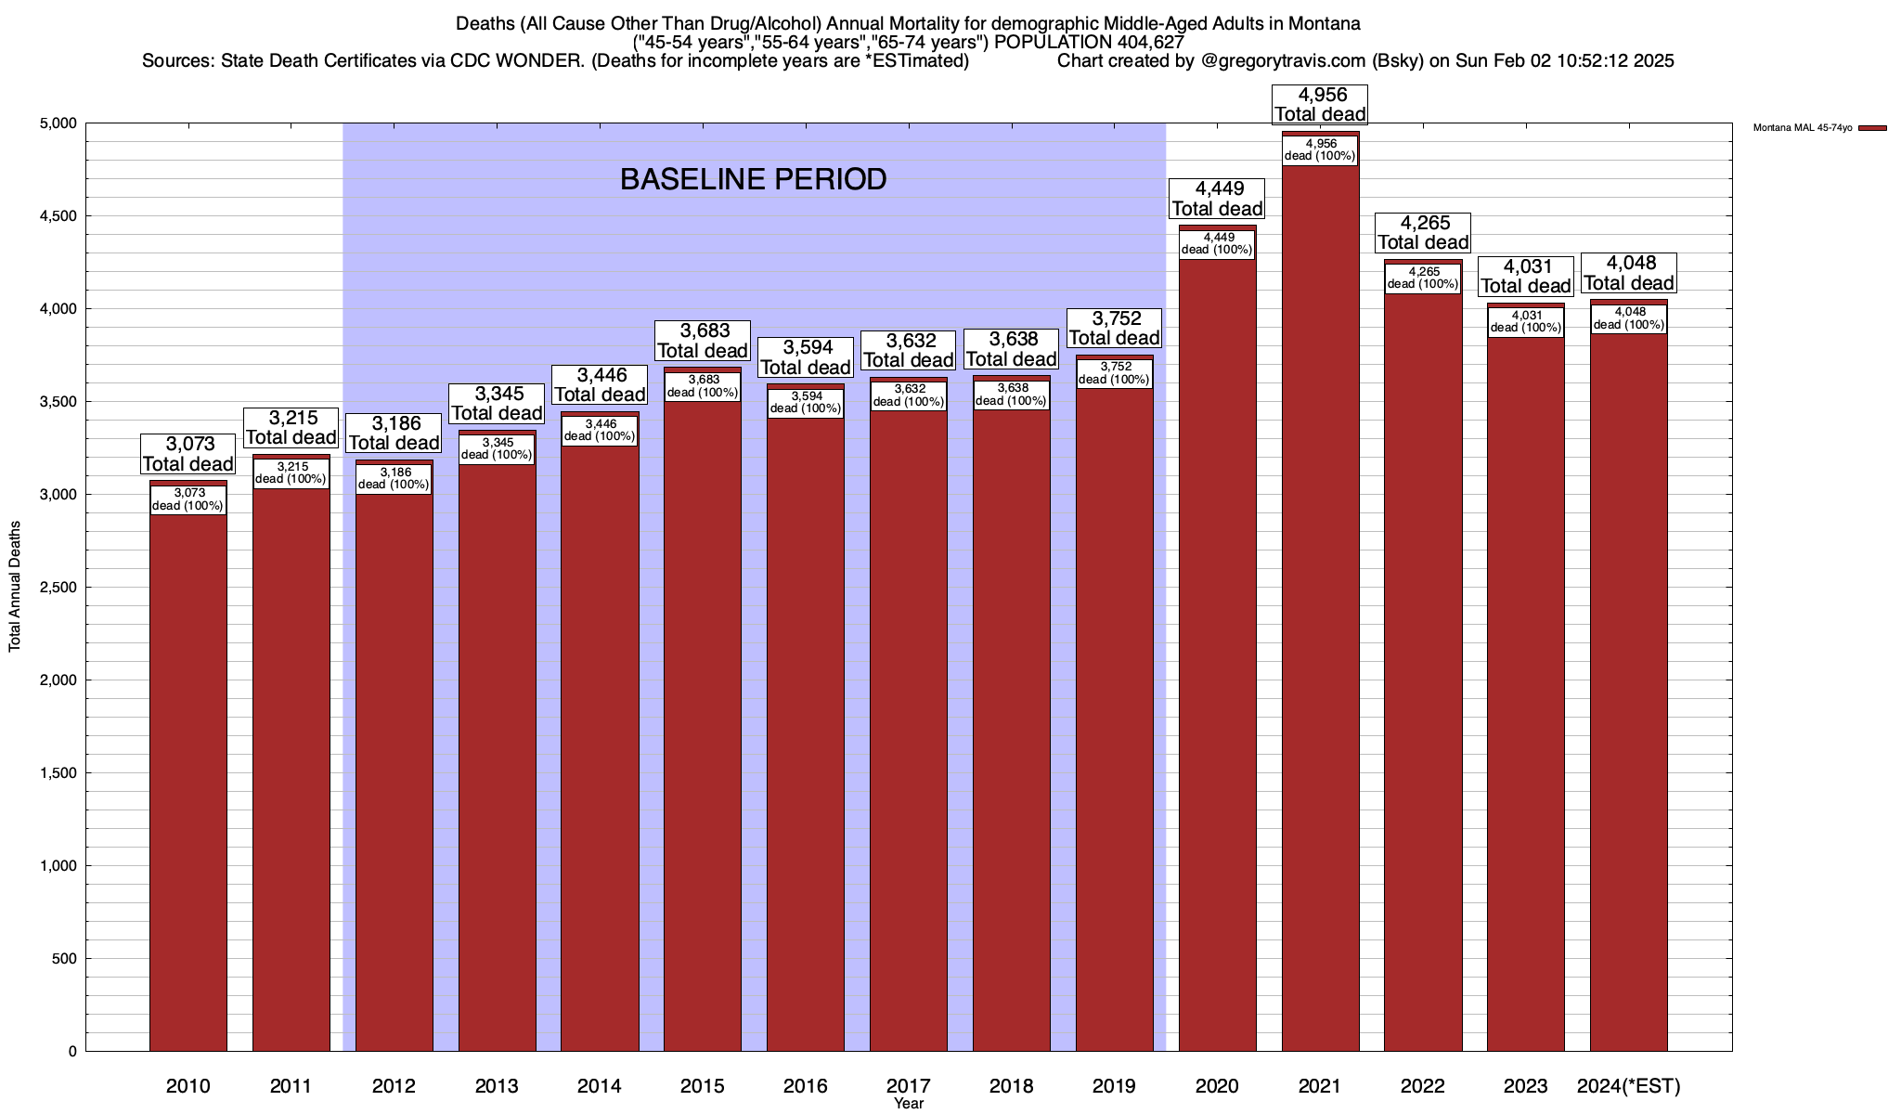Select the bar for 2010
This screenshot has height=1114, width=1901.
[188, 789]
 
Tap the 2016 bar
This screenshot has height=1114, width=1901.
[806, 743]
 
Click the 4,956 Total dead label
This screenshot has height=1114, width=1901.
[1320, 104]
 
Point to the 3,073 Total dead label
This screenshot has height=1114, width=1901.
[188, 454]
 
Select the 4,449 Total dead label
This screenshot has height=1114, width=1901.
[1217, 199]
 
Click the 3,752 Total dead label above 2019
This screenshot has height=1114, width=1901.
[1114, 329]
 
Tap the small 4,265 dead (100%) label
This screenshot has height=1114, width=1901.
[1423, 278]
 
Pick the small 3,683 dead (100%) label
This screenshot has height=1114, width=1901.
[703, 386]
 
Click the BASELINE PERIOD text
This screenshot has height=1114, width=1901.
[753, 179]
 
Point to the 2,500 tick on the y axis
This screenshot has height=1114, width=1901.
[58, 588]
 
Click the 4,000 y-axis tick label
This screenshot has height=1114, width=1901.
[58, 309]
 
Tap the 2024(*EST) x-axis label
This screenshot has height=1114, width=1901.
[1629, 1086]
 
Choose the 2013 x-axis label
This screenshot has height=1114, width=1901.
[497, 1086]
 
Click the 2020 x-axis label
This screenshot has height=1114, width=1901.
[1217, 1086]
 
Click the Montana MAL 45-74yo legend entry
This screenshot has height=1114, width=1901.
[1819, 128]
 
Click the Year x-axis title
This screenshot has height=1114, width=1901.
[909, 1104]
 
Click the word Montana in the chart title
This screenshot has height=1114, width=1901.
[1324, 23]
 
